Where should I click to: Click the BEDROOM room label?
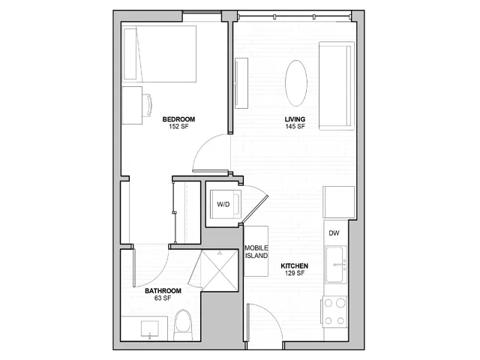coord(178,119)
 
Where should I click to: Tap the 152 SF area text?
coord(178,127)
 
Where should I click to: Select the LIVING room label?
coord(295,119)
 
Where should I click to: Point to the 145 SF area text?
coord(295,127)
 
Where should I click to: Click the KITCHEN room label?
coord(295,266)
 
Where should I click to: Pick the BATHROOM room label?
coord(163,291)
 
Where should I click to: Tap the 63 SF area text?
coord(163,298)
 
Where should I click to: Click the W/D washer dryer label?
coord(223,204)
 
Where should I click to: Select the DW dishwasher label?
coord(334,233)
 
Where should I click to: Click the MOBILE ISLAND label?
coord(256,252)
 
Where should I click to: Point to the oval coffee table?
coord(296,83)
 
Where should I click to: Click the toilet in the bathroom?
coord(183,325)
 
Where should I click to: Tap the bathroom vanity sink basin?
coord(150,328)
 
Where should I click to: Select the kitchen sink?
coord(334,265)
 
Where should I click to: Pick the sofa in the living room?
coord(337,85)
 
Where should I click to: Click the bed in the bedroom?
coord(159,54)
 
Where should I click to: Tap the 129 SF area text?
coord(295,273)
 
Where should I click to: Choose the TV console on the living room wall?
coord(241,83)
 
